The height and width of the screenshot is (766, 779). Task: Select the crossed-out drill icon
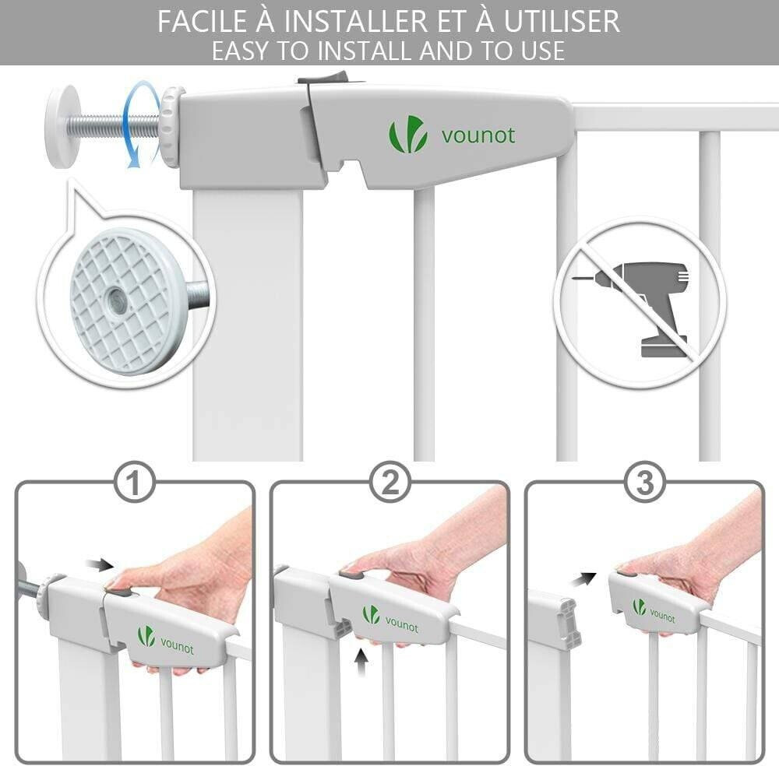pos(640,302)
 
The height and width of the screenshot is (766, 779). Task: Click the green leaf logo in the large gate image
pos(407,134)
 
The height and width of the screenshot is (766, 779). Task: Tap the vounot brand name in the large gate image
pos(478,135)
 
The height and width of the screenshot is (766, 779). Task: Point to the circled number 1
pos(134,482)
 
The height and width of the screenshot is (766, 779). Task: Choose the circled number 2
pos(390,482)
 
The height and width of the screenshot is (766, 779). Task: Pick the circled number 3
pos(644,482)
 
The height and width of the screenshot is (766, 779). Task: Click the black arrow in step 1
pos(100,564)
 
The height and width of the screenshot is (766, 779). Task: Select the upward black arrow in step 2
pos(361,662)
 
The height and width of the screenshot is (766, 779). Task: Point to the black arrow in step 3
pos(583,578)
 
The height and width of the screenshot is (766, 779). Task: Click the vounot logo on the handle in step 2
pos(390,619)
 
